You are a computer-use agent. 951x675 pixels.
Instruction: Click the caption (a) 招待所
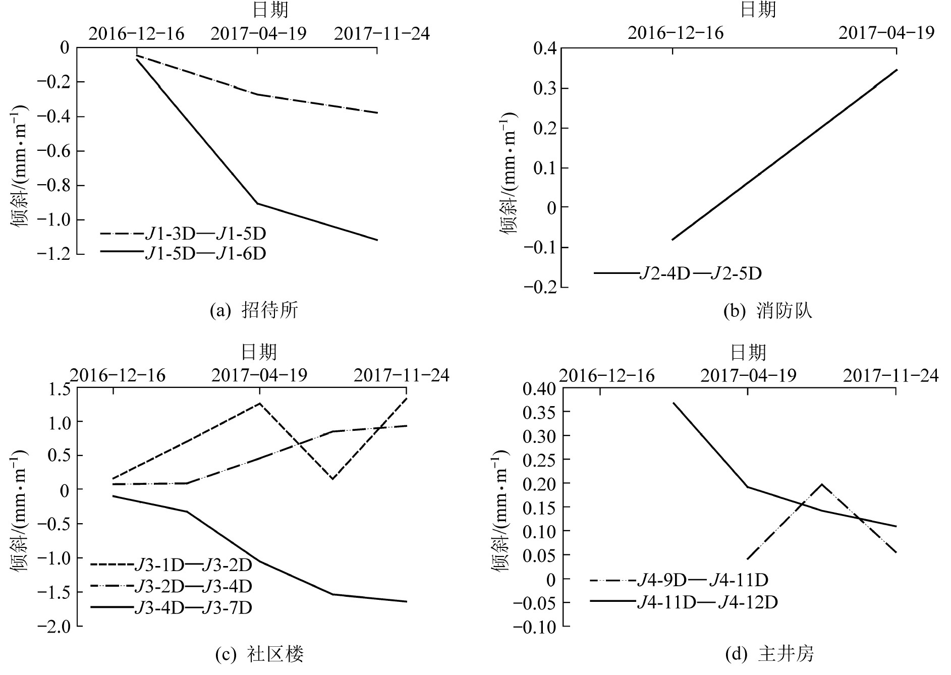click(x=254, y=310)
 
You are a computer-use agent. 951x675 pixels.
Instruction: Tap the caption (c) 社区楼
click(x=259, y=654)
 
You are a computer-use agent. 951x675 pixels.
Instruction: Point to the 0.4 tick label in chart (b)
click(x=544, y=49)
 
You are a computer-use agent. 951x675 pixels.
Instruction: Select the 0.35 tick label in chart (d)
click(x=539, y=412)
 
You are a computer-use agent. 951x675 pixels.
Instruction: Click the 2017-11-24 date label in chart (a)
click(x=381, y=34)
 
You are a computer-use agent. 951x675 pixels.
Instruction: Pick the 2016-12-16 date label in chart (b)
click(x=675, y=33)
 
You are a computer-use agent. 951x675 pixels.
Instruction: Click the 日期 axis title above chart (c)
click(x=259, y=352)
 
